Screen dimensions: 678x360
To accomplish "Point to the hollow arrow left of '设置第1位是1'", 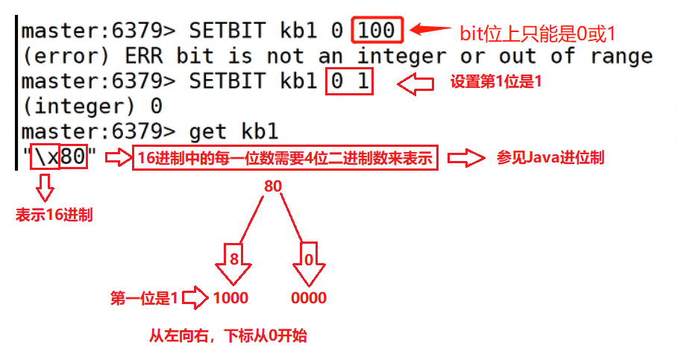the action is point(415,84).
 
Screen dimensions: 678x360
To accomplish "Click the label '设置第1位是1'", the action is point(496,83).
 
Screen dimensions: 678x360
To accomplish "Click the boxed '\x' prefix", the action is point(45,158).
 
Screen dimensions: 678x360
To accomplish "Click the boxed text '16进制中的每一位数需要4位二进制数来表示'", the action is point(285,158).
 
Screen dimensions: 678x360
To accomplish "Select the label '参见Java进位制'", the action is point(550,158).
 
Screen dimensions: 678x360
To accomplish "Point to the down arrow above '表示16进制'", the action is point(45,187).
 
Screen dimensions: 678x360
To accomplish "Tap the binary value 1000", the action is point(230,299).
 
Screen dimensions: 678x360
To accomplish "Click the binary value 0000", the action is point(309,299).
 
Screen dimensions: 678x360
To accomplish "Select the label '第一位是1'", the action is point(145,299).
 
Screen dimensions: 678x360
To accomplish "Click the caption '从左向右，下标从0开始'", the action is point(227,337).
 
